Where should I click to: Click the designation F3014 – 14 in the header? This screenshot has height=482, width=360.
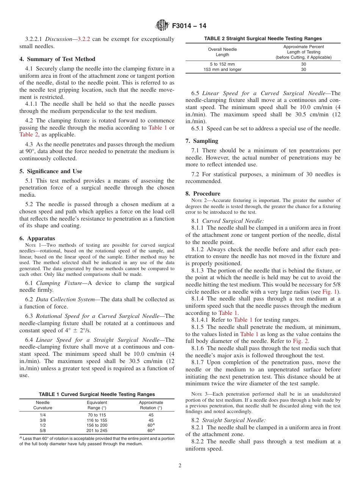tap(189, 26)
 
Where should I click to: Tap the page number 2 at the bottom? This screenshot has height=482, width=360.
tap(180, 466)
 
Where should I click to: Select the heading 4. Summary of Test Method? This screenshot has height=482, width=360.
tap(57, 59)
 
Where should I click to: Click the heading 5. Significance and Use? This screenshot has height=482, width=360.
tap(51, 171)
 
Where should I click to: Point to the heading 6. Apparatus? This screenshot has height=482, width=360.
tap(37, 238)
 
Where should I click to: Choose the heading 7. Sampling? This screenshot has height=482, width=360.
tap(202, 141)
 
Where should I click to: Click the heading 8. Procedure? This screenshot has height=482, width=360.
tap(203, 194)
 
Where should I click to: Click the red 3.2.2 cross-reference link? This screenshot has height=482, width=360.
tap(84, 39)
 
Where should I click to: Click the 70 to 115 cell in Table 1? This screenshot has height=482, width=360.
tap(97, 415)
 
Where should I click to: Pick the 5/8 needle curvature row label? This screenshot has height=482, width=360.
tap(43, 430)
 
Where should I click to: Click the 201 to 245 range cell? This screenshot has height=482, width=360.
tap(97, 430)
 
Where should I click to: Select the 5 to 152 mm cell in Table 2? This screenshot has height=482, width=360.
tap(222, 64)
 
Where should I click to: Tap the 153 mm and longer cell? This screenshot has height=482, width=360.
tap(222, 69)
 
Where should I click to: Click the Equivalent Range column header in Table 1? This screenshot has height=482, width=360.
tap(97, 405)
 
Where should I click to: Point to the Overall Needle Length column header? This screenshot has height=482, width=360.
tap(222, 52)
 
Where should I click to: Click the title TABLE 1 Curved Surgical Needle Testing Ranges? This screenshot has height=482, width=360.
tap(97, 394)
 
